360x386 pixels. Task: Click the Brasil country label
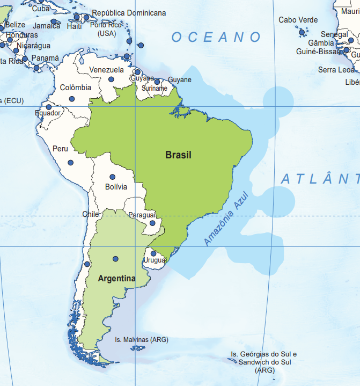(178, 155)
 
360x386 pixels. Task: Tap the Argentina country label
(116, 279)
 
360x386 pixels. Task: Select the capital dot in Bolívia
(112, 177)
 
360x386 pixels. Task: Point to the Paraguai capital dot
(152, 223)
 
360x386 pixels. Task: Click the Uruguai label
(155, 260)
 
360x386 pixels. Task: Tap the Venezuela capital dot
(111, 79)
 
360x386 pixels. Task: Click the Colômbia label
(76, 88)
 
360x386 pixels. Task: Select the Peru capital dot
(70, 163)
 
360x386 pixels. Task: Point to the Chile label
(91, 214)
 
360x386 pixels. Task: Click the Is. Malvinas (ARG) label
(142, 340)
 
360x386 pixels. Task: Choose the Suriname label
(155, 88)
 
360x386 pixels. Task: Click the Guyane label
(180, 80)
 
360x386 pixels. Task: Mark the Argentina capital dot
(115, 259)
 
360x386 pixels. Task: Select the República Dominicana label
(129, 13)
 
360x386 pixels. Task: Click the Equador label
(48, 113)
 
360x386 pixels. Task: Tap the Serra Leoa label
(336, 70)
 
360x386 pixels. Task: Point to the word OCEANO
(216, 37)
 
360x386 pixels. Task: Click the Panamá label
(45, 58)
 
